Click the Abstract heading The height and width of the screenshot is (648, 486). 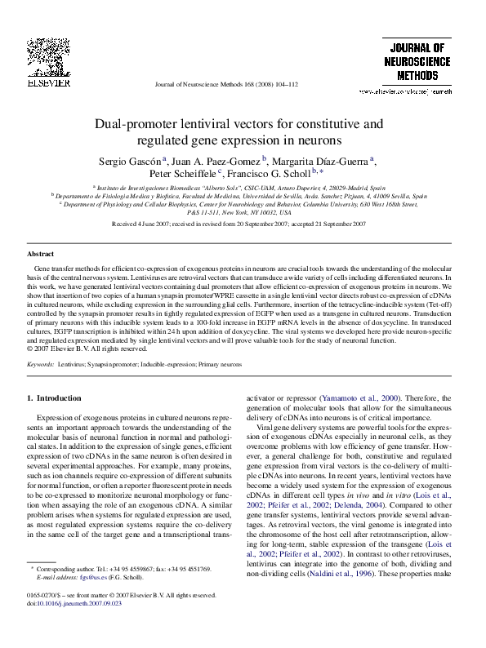click(41, 254)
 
